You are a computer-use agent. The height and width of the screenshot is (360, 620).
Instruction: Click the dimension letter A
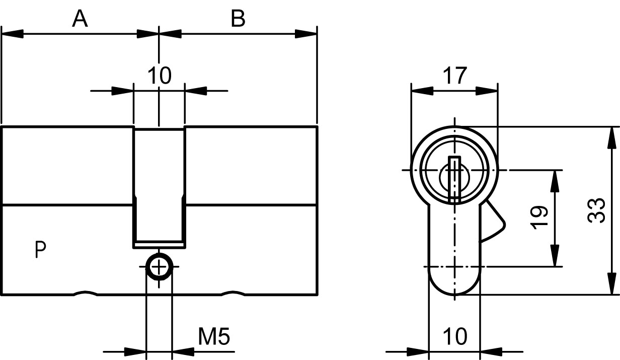click(80, 19)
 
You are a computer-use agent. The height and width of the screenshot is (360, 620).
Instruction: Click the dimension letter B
click(238, 19)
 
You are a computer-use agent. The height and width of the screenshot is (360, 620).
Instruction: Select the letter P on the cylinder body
click(40, 250)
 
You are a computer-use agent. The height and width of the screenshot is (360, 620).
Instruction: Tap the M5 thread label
click(214, 336)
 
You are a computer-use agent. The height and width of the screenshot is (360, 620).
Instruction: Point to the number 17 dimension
click(455, 76)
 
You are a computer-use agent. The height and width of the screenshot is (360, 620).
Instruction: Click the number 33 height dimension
click(596, 210)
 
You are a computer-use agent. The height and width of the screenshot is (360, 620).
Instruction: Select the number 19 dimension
click(539, 218)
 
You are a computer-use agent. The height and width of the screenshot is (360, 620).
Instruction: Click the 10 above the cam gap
click(160, 76)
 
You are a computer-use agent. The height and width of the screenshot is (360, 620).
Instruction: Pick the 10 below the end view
click(455, 336)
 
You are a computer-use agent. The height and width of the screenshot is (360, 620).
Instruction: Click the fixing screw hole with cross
click(159, 267)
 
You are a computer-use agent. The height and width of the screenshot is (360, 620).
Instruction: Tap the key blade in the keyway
click(454, 180)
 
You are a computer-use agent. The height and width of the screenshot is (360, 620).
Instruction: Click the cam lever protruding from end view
click(495, 222)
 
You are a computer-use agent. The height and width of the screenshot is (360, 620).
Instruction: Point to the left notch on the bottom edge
click(86, 293)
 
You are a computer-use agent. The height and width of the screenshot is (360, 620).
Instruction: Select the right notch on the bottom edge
click(233, 293)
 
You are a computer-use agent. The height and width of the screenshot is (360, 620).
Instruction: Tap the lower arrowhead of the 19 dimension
click(555, 255)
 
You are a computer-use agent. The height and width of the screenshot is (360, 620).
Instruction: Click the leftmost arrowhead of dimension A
click(13, 34)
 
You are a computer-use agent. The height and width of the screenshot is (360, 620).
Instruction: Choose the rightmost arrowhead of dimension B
click(306, 34)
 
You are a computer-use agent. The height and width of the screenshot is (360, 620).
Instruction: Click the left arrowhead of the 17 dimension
click(422, 91)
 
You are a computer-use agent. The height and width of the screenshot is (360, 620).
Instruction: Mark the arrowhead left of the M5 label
click(135, 352)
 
